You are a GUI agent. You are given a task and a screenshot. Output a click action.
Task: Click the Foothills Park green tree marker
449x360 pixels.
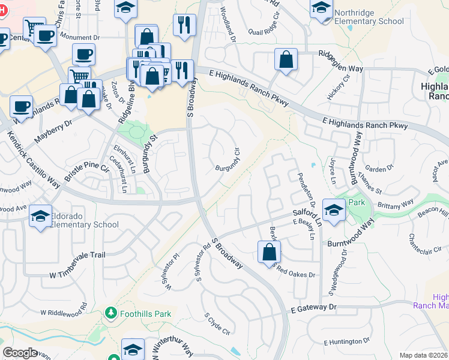(110, 313)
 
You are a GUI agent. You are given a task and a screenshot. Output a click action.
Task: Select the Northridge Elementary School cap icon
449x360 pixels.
(321, 8)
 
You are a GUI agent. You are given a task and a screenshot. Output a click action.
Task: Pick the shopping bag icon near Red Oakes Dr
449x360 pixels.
(268, 251)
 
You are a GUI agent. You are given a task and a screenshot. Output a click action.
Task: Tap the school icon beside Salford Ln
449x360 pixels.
(333, 209)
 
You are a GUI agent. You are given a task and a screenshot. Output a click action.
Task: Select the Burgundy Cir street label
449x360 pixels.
(228, 160)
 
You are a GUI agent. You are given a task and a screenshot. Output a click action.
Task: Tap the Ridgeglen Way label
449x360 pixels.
(340, 68)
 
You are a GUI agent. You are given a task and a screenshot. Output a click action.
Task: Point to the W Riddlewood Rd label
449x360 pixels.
(63, 312)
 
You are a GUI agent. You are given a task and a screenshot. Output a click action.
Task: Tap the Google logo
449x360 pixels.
(20, 352)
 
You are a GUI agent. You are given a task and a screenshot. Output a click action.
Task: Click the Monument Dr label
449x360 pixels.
(79, 37)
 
